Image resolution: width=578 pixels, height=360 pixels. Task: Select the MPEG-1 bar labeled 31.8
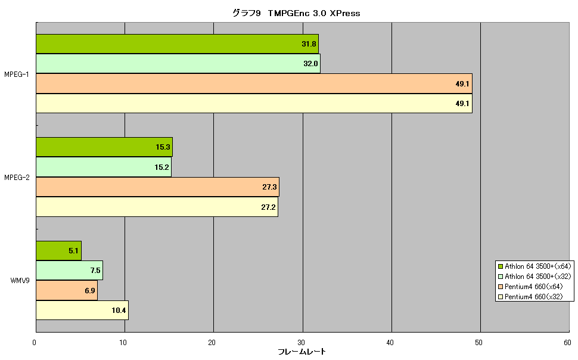pos(178,44)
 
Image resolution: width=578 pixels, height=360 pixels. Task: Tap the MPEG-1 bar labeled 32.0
pos(178,63)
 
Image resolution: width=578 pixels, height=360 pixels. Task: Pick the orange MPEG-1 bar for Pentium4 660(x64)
pos(254,83)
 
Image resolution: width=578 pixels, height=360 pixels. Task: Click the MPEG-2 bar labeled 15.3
pos(104,147)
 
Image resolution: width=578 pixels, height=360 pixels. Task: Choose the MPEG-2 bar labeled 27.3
pos(157,187)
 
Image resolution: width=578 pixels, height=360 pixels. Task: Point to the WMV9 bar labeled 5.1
pos(58,251)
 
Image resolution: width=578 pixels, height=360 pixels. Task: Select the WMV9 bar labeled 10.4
pos(82,310)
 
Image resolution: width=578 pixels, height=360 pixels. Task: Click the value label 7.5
pos(95,271)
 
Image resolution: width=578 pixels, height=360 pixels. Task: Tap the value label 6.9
pos(90,291)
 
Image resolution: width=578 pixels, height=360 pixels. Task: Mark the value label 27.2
pos(268,207)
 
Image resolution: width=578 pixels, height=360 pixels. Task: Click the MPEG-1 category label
pos(17,75)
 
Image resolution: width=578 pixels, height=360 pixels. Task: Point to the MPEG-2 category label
pos(17,178)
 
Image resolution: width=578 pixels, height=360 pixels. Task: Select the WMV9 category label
pos(20,281)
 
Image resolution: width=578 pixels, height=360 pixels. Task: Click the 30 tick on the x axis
pos(301,343)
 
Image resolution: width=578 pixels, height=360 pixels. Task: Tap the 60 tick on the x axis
pos(567,343)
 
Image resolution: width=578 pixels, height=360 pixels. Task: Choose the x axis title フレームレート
pos(302,352)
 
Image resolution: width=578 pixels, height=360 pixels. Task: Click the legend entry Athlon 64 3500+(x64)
pos(535,266)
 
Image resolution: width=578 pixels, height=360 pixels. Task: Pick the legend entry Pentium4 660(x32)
pos(530,297)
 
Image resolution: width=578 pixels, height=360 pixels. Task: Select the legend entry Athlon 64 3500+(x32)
pos(535,277)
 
